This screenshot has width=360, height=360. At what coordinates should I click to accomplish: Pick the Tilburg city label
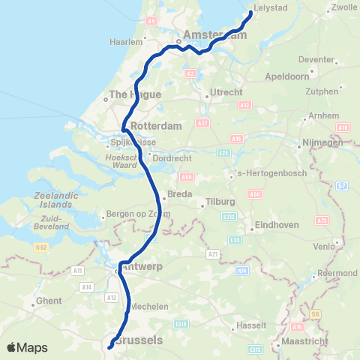220,202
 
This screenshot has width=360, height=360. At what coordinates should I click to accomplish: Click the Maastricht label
303,345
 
